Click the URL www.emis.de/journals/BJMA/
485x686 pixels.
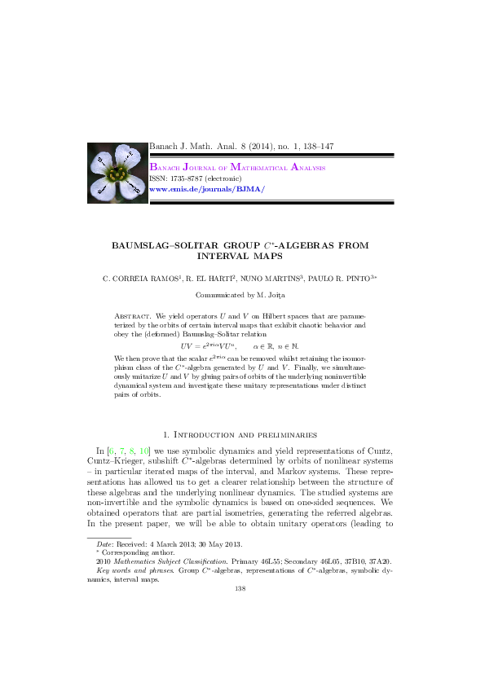point(207,188)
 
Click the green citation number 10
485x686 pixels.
point(143,451)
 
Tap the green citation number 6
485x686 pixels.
point(112,451)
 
